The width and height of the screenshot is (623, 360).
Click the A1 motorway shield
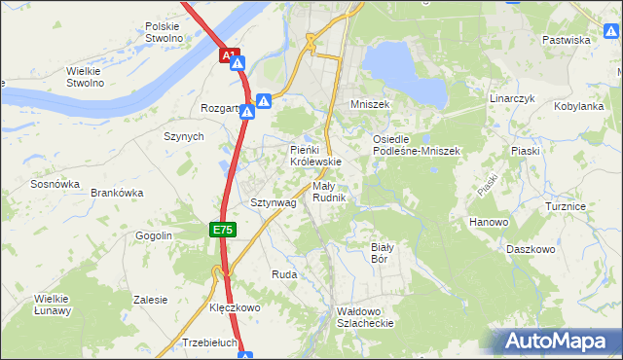(229, 56)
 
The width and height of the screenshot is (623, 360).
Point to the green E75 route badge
(222, 230)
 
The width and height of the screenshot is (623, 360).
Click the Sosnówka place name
(55, 183)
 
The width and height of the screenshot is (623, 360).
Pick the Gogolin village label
(154, 235)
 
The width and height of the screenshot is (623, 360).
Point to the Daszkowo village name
(531, 249)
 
